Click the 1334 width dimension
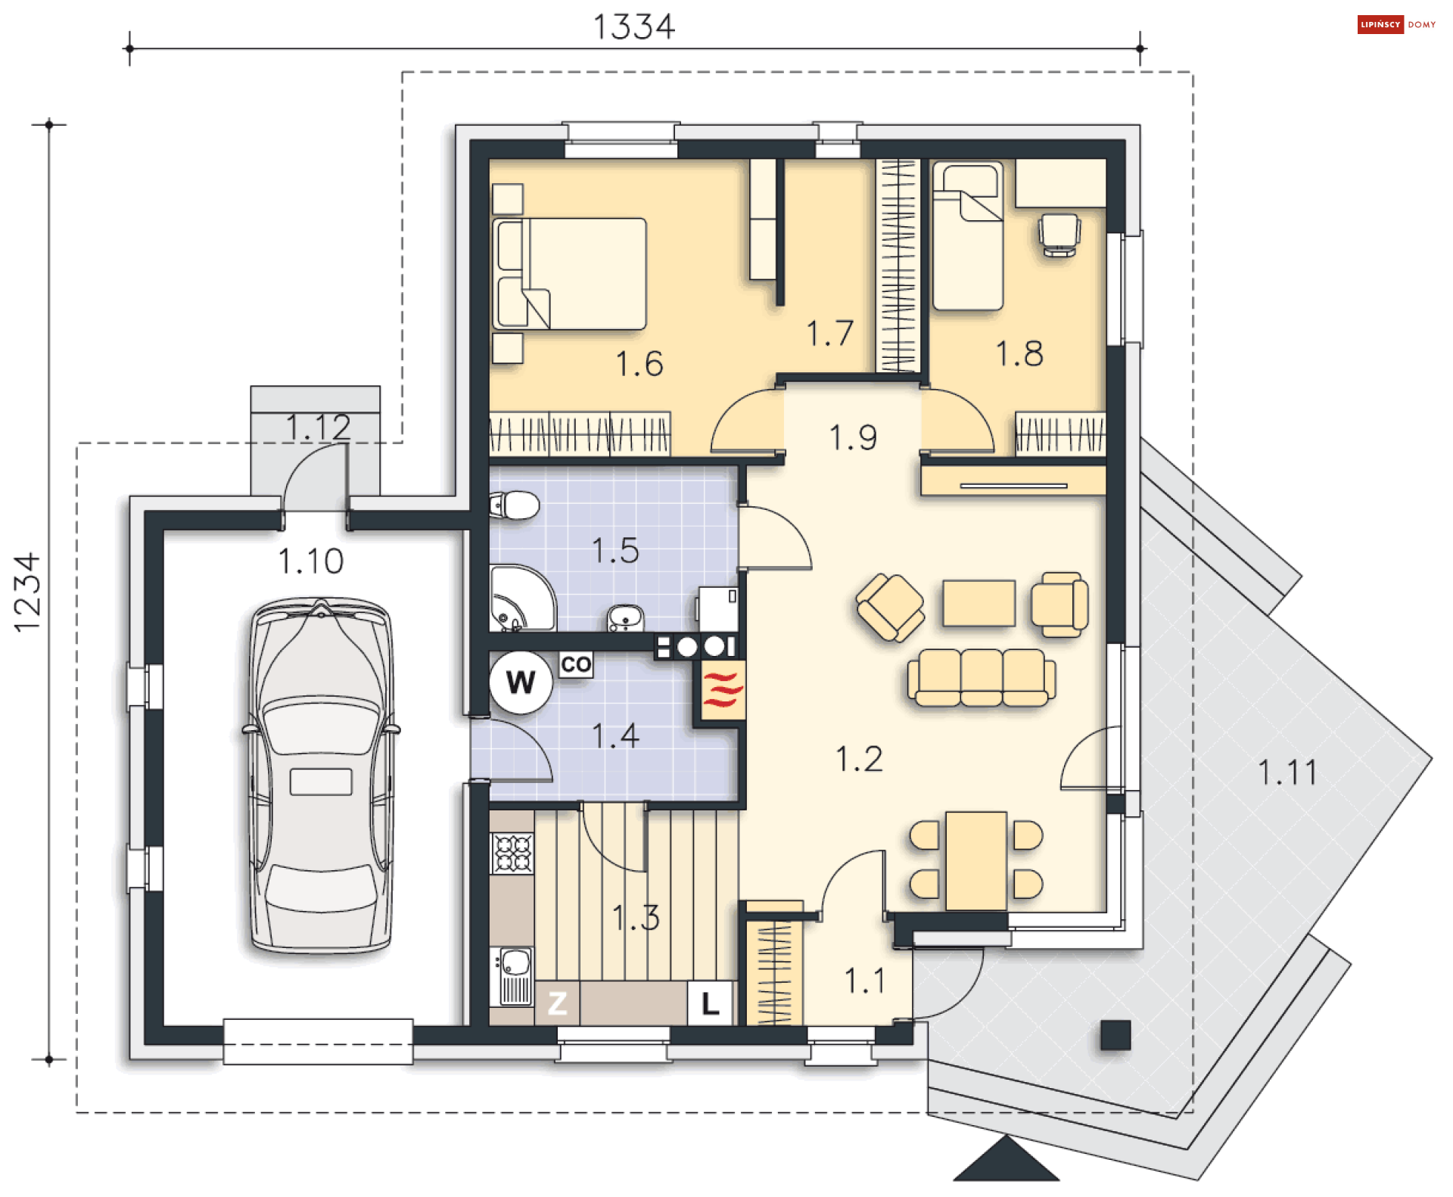pyautogui.click(x=633, y=27)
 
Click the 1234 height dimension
pyautogui.click(x=27, y=592)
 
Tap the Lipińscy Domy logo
pyautogui.click(x=1396, y=24)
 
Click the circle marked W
pyautogui.click(x=521, y=682)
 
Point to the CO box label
pyautogui.click(x=576, y=664)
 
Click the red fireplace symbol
pyautogui.click(x=723, y=689)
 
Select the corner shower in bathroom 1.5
pyautogui.click(x=522, y=598)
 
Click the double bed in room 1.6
pyautogui.click(x=569, y=273)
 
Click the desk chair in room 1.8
pyautogui.click(x=1059, y=235)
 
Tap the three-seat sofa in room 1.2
pyautogui.click(x=982, y=677)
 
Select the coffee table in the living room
pyautogui.click(x=979, y=603)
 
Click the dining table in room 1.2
pyautogui.click(x=976, y=860)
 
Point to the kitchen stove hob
pyautogui.click(x=512, y=853)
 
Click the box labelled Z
pyautogui.click(x=557, y=1003)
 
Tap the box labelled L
pyautogui.click(x=710, y=1003)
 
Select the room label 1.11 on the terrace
pyautogui.click(x=1287, y=773)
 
